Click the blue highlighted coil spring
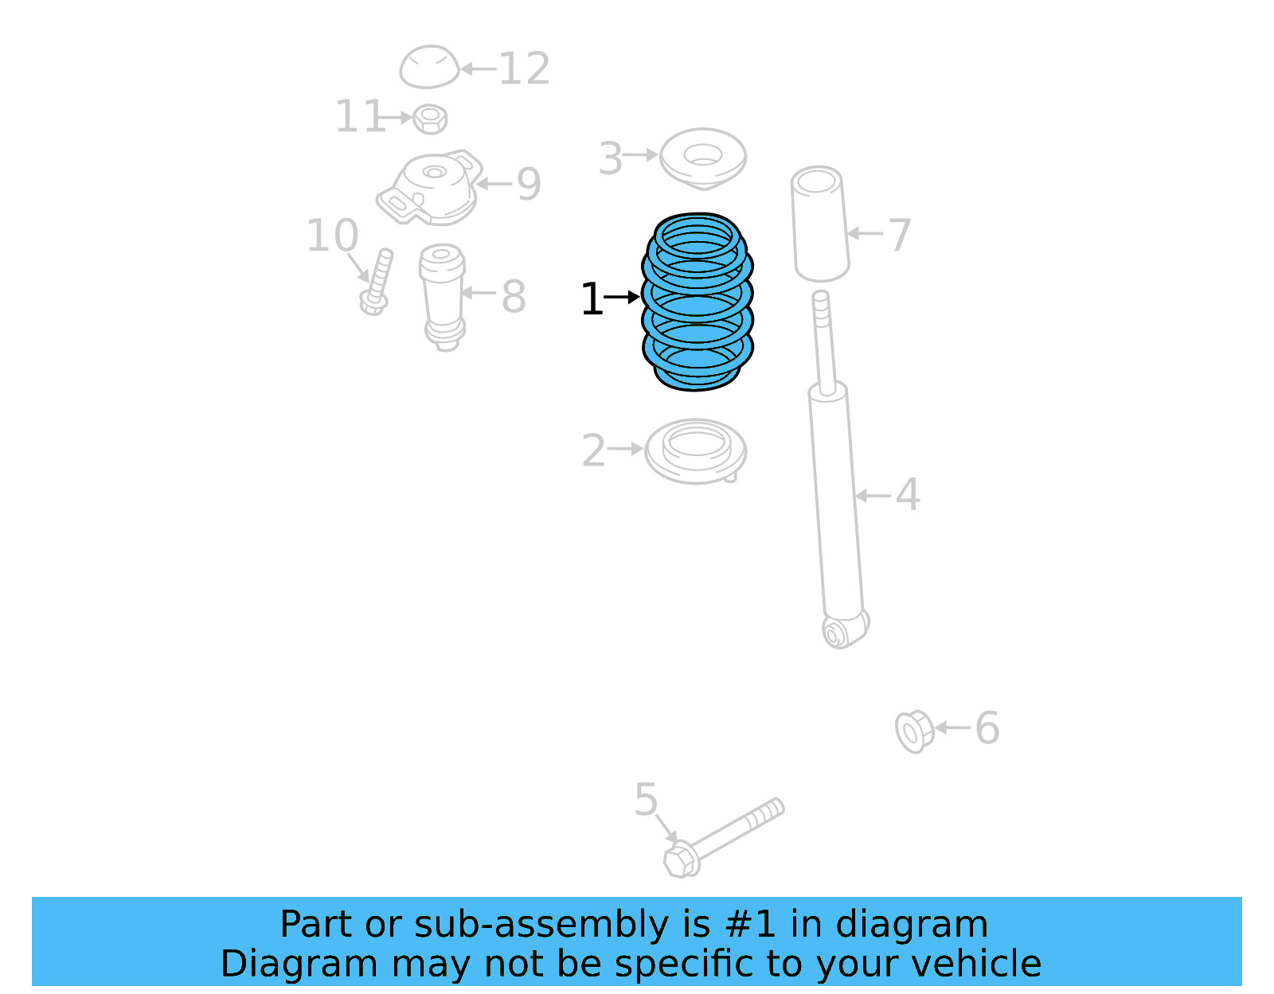[x=698, y=302]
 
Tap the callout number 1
[x=592, y=299]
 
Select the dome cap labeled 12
[x=429, y=67]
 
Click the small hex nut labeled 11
[x=431, y=119]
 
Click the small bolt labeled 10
[x=376, y=282]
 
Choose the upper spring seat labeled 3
[x=703, y=158]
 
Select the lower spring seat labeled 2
[x=695, y=450]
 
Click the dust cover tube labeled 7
[x=820, y=224]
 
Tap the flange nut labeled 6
[x=913, y=731]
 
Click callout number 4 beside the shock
[x=908, y=494]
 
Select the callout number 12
[x=524, y=69]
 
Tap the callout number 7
[x=900, y=236]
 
